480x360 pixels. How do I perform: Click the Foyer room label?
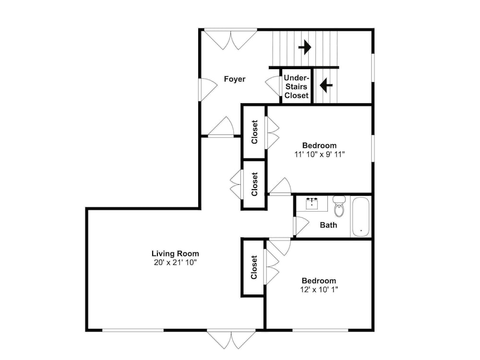coord(235,79)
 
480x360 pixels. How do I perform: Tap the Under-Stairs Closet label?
coord(296,86)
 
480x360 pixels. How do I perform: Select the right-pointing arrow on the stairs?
coord(305,48)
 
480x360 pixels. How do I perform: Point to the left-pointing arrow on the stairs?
coord(326,85)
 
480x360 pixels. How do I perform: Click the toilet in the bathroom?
coord(339,206)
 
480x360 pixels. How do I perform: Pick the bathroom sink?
coord(312,203)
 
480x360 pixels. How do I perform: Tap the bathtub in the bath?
coord(360,217)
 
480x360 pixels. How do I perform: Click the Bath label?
coord(328,225)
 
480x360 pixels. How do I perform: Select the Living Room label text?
coord(175,253)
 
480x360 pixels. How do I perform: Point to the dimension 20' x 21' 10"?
coord(175,263)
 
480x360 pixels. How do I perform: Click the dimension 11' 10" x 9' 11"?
coord(320,154)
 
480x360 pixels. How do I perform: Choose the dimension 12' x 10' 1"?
coord(319,289)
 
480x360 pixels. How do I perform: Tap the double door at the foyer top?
coord(230,39)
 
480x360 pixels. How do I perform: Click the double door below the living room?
coord(231,339)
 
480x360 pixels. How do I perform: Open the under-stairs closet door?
coord(273,86)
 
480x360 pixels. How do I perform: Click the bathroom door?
coord(301,226)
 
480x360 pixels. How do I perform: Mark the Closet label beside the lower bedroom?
coord(254,267)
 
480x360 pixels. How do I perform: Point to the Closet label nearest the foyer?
coord(254,132)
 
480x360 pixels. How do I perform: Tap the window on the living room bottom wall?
coord(133,330)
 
